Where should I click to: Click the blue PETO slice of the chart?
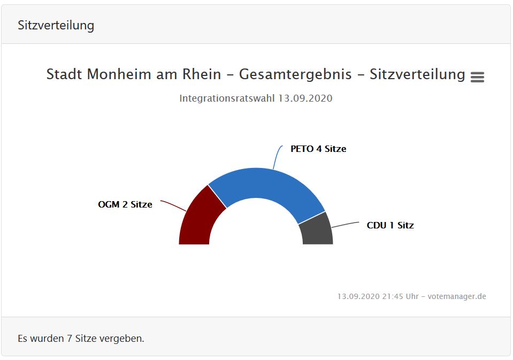(267, 185)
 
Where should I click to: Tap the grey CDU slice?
(317, 230)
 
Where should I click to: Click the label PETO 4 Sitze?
(318, 149)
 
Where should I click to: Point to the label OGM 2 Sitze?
(125, 204)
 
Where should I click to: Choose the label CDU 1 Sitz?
(390, 225)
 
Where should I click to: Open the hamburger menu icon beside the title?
(477, 77)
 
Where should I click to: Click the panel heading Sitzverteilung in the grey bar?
(56, 25)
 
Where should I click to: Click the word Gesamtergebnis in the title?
(295, 74)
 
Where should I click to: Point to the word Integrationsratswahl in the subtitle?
(227, 98)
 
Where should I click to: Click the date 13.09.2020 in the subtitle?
(305, 98)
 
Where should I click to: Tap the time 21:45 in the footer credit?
(393, 296)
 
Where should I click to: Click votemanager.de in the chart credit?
(457, 296)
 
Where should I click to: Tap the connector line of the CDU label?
(345, 224)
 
